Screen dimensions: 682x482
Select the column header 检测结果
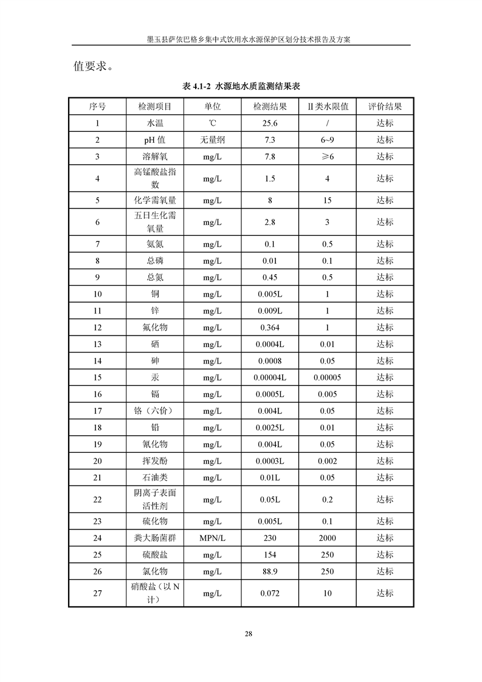pyautogui.click(x=270, y=106)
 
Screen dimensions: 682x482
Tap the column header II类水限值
pyautogui.click(x=327, y=106)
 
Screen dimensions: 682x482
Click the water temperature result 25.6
pyautogui.click(x=270, y=123)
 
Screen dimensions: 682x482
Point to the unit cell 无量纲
pyautogui.click(x=212, y=140)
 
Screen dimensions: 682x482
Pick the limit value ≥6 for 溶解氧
pyautogui.click(x=327, y=157)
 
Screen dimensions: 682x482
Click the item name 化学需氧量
pyautogui.click(x=154, y=200)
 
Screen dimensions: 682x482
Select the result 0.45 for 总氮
pyautogui.click(x=270, y=277)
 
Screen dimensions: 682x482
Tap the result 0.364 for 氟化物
pyautogui.click(x=270, y=328)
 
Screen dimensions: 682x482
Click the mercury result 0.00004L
pyautogui.click(x=270, y=377)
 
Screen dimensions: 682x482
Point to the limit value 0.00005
pyautogui.click(x=327, y=377)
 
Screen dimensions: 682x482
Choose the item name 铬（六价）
pyautogui.click(x=154, y=411)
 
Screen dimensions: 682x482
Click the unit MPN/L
pyautogui.click(x=212, y=538)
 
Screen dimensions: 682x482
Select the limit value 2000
pyautogui.click(x=327, y=538)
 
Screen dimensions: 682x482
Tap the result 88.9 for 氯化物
pyautogui.click(x=270, y=571)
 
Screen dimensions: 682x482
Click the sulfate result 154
pyautogui.click(x=270, y=555)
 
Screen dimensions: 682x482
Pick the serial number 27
pyautogui.click(x=97, y=593)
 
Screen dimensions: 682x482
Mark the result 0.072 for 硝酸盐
pyautogui.click(x=270, y=593)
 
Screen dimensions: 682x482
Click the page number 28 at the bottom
pyautogui.click(x=248, y=634)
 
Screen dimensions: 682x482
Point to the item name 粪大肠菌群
pyautogui.click(x=154, y=538)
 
